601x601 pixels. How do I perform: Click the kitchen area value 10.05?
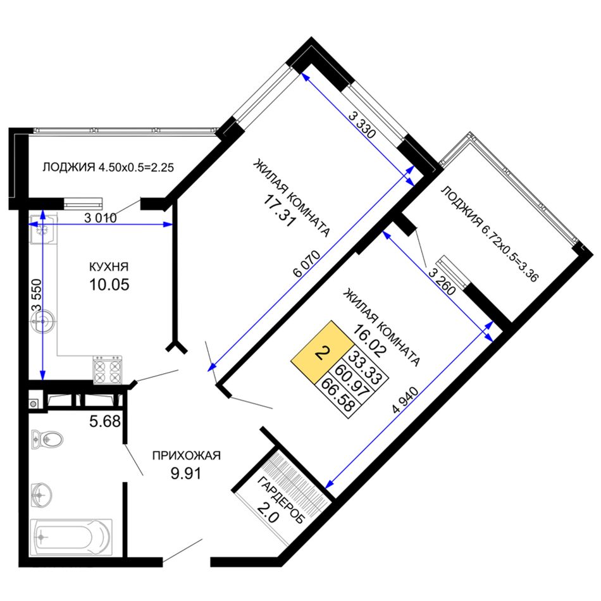(109, 285)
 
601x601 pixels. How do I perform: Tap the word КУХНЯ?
(109, 267)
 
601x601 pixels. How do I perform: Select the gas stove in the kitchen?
(108, 370)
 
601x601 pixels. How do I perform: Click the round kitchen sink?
(43, 321)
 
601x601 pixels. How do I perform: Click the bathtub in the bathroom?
(71, 537)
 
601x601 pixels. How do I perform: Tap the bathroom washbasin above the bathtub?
(41, 495)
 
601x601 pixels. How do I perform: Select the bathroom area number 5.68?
(104, 422)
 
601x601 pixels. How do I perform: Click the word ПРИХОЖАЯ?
(186, 455)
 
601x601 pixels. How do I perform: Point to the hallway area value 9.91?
(186, 473)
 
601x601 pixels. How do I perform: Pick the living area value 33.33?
(364, 368)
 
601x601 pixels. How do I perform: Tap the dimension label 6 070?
(306, 264)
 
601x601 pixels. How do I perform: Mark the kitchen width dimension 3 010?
(100, 218)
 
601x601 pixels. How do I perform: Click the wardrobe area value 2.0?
(268, 513)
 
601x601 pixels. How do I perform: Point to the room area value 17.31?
(280, 211)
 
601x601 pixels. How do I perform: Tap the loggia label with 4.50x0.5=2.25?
(108, 168)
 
